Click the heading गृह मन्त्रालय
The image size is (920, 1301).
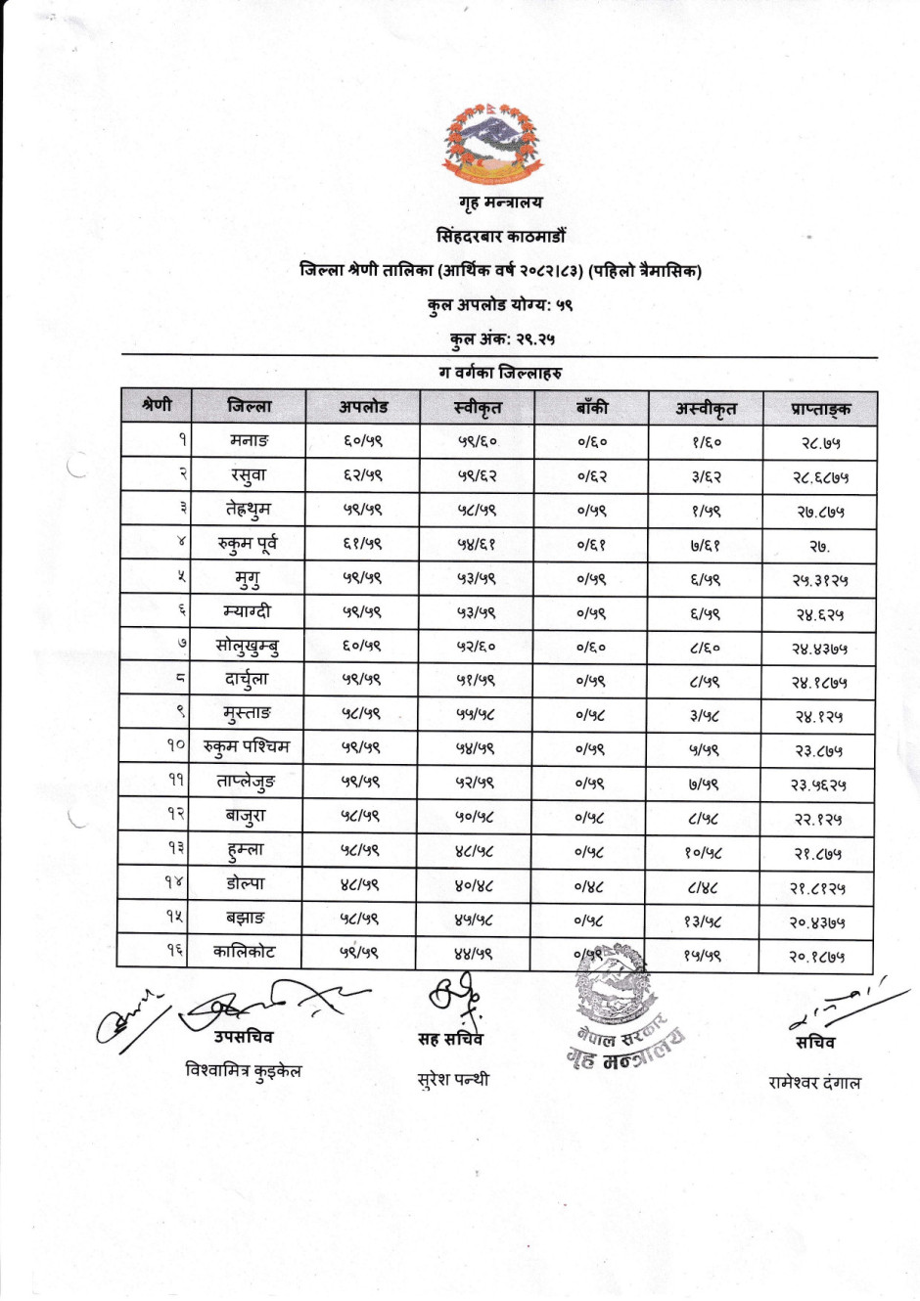click(500, 202)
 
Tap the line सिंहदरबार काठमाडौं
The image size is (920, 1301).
click(500, 236)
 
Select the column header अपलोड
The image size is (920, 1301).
click(363, 407)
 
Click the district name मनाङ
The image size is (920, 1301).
click(249, 441)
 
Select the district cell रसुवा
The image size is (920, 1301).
click(249, 475)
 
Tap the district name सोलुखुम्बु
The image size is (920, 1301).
click(249, 646)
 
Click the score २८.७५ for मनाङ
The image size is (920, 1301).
click(819, 443)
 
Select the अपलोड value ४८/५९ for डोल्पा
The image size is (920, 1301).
click(362, 884)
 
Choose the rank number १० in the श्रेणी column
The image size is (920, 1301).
click(175, 746)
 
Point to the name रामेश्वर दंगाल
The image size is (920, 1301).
click(814, 1083)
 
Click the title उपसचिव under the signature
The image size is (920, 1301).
click(244, 1037)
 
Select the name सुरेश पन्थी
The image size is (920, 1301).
click(452, 1080)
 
